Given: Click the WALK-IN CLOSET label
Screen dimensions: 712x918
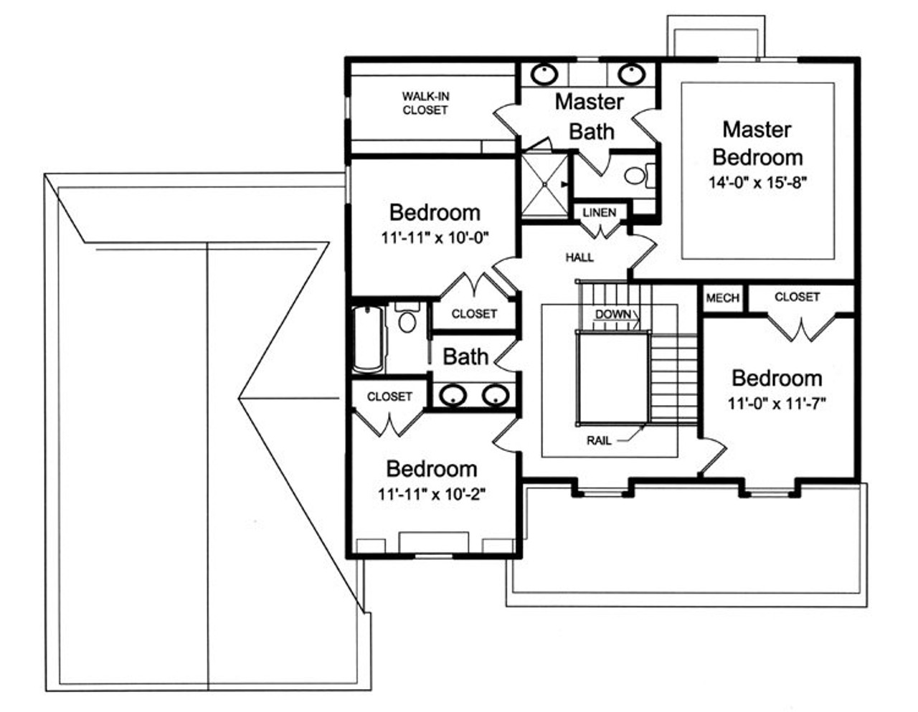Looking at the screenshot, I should [x=425, y=103].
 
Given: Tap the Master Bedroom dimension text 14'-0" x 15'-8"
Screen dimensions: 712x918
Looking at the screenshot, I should [x=758, y=182].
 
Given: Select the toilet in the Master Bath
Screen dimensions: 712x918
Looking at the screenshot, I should [x=635, y=175].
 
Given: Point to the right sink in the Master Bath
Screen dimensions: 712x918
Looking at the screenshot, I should [x=630, y=73].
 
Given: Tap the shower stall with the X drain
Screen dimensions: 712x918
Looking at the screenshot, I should [x=544, y=184].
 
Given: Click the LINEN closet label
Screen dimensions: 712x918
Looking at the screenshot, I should [x=599, y=213].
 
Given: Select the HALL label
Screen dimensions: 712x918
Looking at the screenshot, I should [x=579, y=257].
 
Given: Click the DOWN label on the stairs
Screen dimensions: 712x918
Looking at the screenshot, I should [x=613, y=314].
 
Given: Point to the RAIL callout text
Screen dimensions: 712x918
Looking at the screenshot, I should [x=599, y=440].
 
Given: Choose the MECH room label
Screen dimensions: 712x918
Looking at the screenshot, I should [x=722, y=298].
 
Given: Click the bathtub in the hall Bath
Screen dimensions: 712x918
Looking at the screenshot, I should [x=368, y=338].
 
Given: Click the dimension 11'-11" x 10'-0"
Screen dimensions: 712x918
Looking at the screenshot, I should [x=435, y=237].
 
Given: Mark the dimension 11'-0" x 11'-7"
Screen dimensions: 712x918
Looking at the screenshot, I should [x=777, y=404].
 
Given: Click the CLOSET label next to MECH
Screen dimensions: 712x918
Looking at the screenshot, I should [x=797, y=296].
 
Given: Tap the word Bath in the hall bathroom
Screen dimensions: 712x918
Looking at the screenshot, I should [x=465, y=356].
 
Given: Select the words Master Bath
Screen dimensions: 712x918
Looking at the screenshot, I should [x=590, y=116].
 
